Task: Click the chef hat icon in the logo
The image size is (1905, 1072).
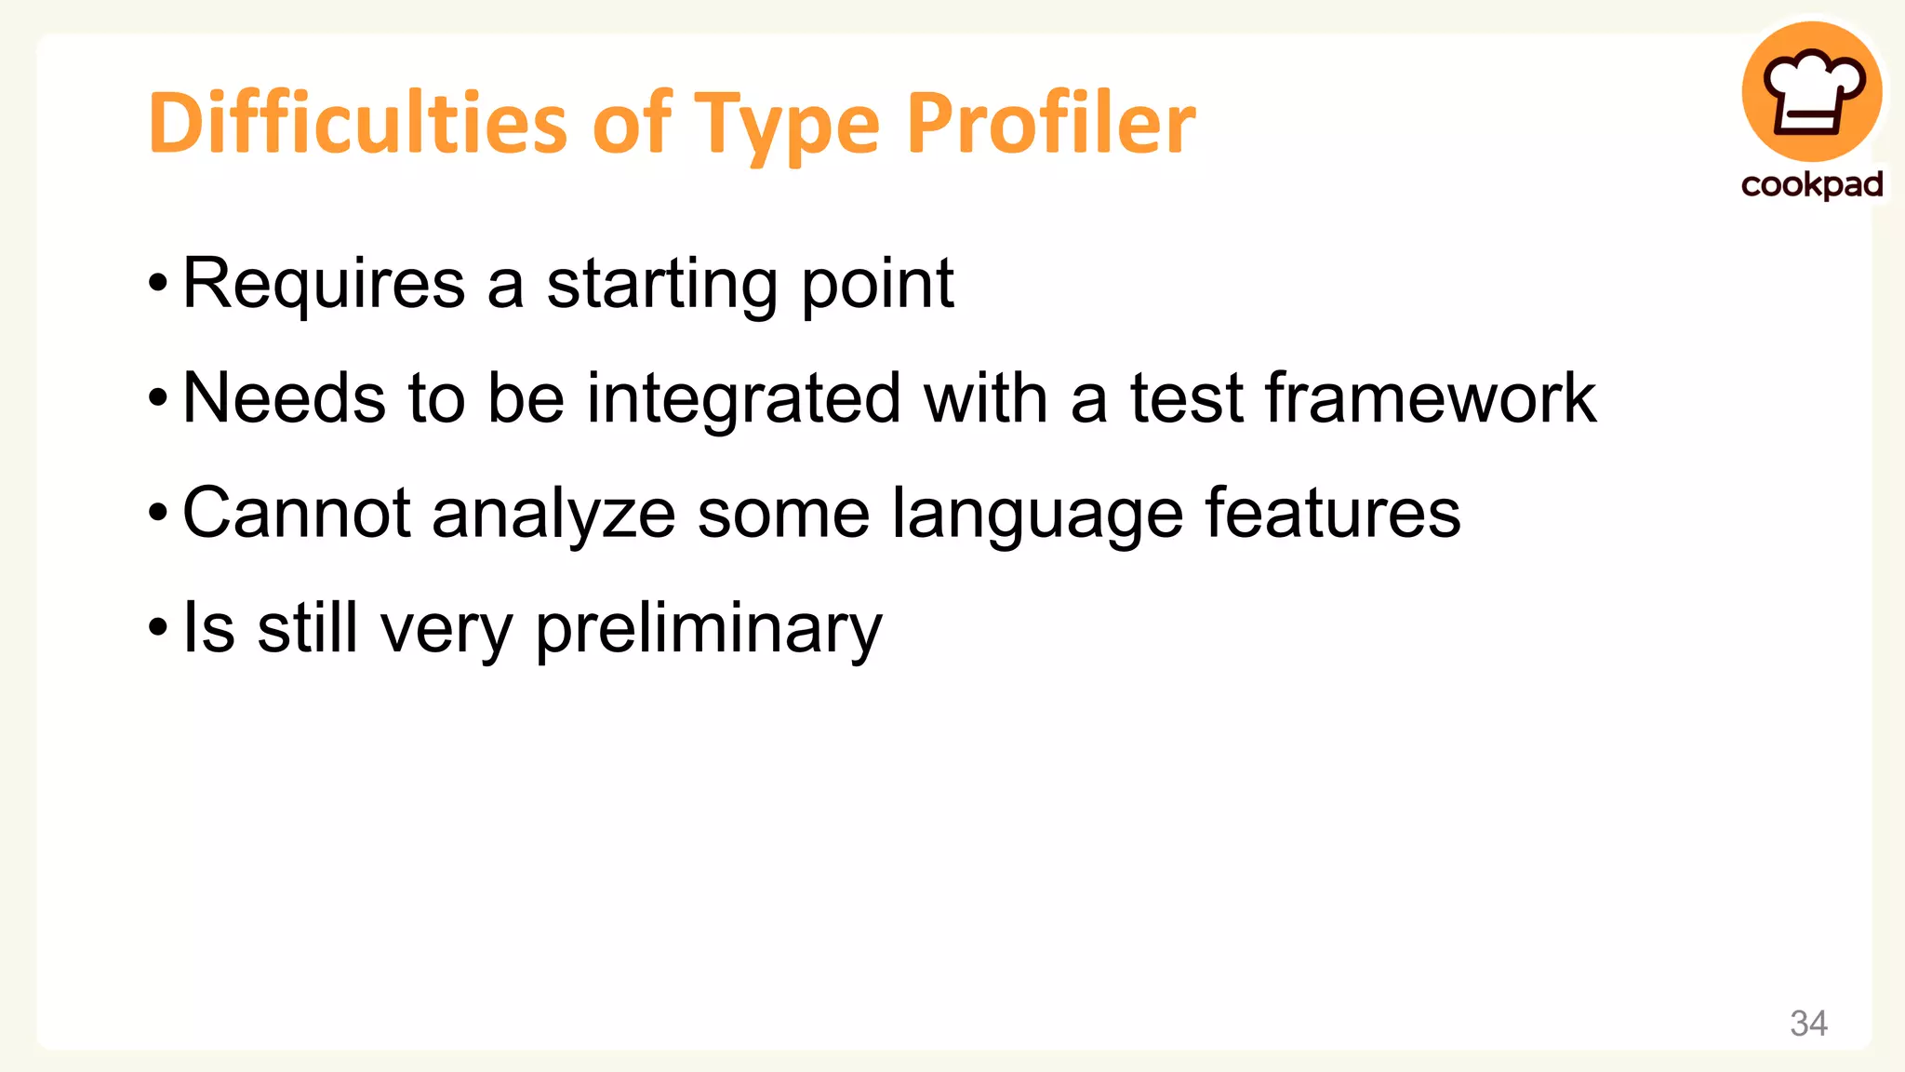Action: pos(1813,92)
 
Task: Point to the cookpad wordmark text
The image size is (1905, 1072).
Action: pos(1812,184)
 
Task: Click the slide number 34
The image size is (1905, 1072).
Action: pos(1808,1024)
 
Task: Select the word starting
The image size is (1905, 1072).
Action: pos(661,284)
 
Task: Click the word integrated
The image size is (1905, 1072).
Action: pos(743,398)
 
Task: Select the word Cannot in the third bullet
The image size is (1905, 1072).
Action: pos(297,513)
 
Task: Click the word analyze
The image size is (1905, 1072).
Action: pos(553,515)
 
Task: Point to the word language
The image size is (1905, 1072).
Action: pos(1037,515)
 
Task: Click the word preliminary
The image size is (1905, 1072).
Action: pos(709,629)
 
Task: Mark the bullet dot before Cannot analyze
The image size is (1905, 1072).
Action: pos(158,513)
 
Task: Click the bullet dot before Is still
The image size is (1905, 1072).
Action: pos(158,628)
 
